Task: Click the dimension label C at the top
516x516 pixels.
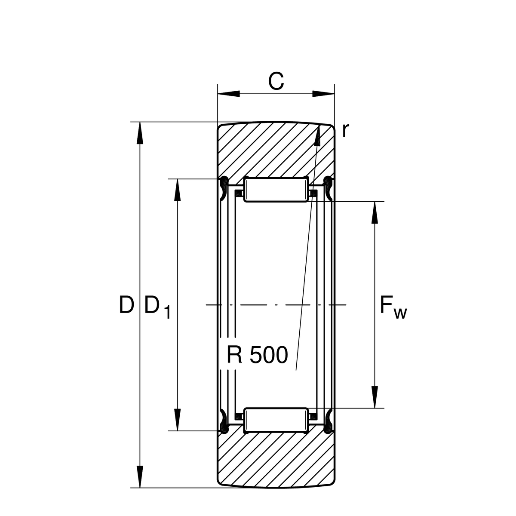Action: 276,81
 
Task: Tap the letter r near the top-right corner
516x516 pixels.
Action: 344,130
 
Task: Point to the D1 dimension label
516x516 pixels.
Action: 157,307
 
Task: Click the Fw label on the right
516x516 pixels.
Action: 393,307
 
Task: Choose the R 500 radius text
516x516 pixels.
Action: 257,355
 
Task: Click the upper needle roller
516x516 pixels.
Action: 276,190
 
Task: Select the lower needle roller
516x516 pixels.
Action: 276,420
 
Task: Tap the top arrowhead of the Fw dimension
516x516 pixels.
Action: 375,212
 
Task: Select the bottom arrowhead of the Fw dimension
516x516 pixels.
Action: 375,396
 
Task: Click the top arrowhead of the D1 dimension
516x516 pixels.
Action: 177,190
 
